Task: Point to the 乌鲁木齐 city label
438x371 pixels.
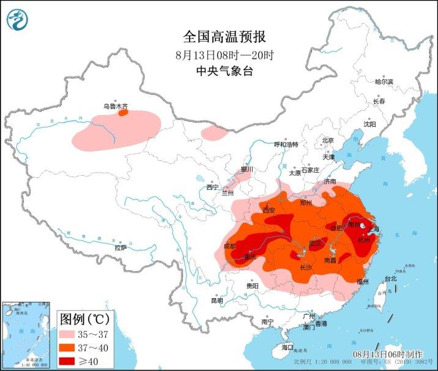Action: (x=115, y=106)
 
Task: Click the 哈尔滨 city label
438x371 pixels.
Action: (x=384, y=81)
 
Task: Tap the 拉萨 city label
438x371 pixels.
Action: (x=120, y=247)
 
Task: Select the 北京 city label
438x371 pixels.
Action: (x=328, y=140)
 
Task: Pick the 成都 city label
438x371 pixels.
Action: (x=230, y=245)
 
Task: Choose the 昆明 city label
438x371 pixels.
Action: (x=217, y=300)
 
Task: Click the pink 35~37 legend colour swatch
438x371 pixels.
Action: (x=74, y=334)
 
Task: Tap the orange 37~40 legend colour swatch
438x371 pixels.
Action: (x=74, y=347)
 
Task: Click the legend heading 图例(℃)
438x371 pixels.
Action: (x=84, y=319)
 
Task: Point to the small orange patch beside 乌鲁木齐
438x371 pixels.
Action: (x=123, y=113)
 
